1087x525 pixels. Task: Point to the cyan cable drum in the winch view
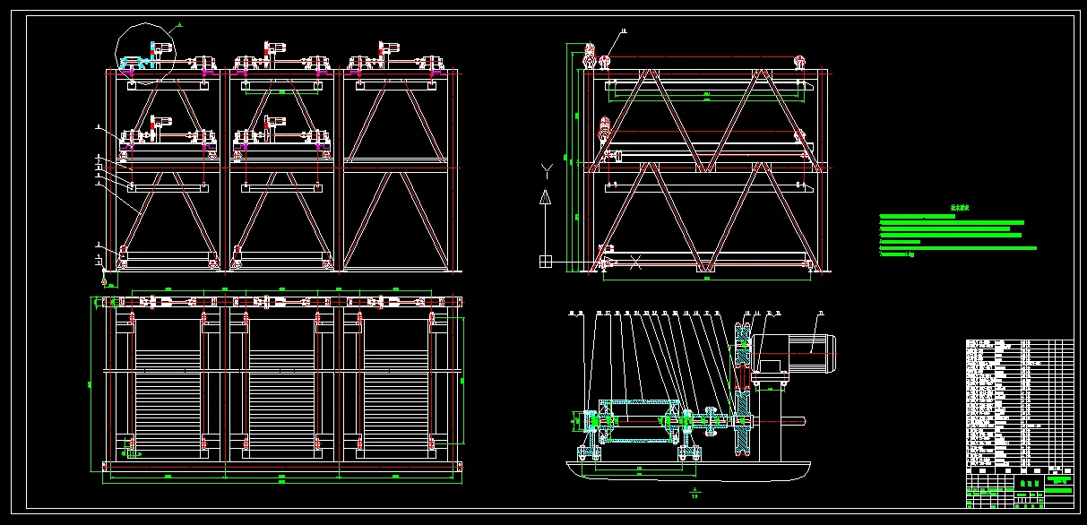click(636, 420)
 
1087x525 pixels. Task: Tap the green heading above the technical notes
click(960, 209)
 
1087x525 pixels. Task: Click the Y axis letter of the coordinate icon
click(545, 168)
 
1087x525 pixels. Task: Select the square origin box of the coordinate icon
click(545, 262)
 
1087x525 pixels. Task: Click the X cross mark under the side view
click(636, 262)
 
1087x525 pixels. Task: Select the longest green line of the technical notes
click(958, 248)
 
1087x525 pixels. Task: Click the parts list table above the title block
click(1018, 402)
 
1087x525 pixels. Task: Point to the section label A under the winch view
click(695, 490)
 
